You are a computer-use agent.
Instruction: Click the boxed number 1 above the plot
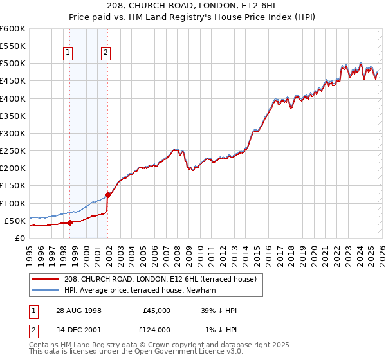point(68,53)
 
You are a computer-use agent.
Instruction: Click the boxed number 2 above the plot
point(106,53)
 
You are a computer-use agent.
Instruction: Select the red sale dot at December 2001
point(107,195)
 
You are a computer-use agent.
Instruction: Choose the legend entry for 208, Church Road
point(161,279)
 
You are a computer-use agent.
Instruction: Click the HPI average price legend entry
point(142,291)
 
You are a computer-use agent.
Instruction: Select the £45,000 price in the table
point(156,310)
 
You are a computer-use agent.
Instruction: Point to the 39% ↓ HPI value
point(219,310)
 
